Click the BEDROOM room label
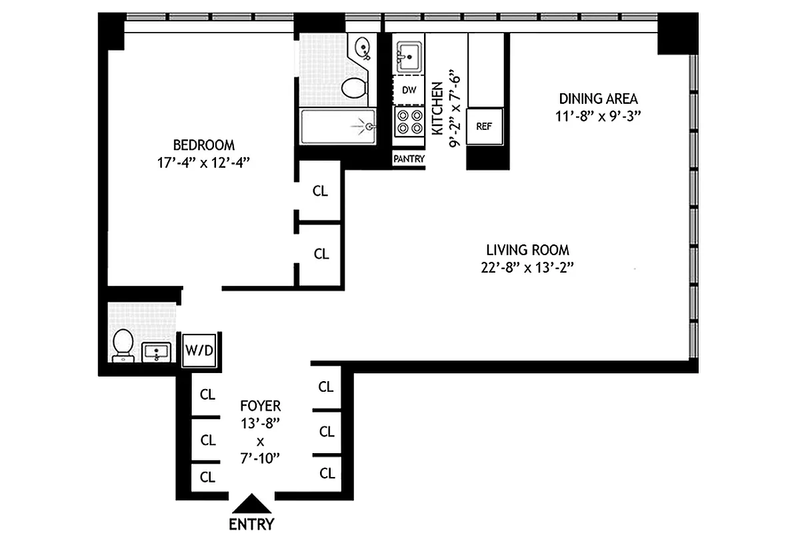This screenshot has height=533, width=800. pos(203,145)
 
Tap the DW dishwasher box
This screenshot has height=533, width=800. pos(408,90)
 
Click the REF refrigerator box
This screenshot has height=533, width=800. pos(483,126)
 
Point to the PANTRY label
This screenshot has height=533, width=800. pos(409,159)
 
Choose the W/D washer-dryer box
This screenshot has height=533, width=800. pos(199,350)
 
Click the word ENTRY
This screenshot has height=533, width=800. pos(251,524)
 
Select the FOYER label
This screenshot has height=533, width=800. pos(261,406)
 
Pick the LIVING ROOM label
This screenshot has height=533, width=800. pos(527,251)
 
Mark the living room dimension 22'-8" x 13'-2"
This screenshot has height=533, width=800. pos(527,267)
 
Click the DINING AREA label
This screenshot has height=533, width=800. pos(598,99)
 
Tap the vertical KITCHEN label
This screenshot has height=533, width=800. pos(437,109)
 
